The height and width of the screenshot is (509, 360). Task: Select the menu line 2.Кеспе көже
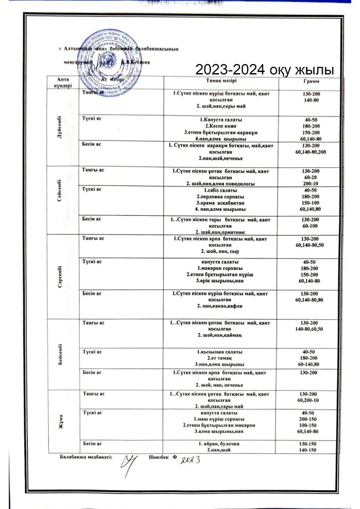[x=221, y=126]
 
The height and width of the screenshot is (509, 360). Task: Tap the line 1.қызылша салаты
[x=221, y=352]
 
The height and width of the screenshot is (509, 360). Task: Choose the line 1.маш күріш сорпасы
[x=221, y=419]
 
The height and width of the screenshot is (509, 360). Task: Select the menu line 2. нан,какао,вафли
[x=221, y=306]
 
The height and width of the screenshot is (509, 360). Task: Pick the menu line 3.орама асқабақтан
[x=221, y=203]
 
